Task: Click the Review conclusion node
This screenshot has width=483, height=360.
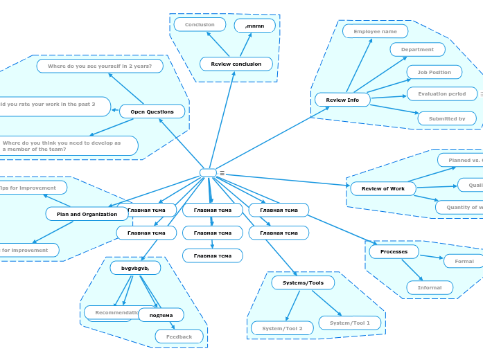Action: point(236,64)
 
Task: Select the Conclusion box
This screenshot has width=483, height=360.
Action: point(200,25)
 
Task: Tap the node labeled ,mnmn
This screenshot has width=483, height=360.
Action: point(255,26)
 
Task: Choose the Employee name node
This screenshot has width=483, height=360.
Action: point(375,31)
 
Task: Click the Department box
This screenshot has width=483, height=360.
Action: point(417,50)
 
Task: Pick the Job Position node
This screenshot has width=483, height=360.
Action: point(434,72)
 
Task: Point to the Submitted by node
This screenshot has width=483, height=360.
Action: point(447,118)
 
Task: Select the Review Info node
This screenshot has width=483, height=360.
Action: point(342,100)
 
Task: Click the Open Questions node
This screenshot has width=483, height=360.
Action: point(152,111)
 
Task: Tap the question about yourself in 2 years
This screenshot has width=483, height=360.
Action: point(100,66)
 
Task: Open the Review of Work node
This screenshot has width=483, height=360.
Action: point(383,188)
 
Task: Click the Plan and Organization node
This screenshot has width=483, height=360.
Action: point(87,214)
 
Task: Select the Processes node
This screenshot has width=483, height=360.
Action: point(394,251)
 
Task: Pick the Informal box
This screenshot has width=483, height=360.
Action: point(430,287)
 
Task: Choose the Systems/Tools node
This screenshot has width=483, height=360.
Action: point(303,282)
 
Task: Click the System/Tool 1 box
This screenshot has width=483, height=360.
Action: point(350,323)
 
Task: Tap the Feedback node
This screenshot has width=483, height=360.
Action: point(179,336)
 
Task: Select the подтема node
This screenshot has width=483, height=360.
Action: point(161,315)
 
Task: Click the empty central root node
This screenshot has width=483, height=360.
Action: point(208,172)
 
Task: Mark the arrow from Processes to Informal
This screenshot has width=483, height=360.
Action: point(412,269)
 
